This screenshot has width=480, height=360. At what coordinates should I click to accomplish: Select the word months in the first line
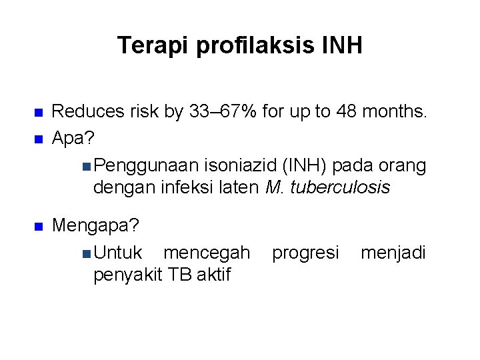click(397, 111)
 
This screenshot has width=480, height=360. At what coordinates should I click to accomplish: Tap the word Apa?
click(73, 139)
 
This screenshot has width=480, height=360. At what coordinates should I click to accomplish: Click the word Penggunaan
click(137, 164)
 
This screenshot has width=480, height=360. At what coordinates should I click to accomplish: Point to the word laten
click(237, 188)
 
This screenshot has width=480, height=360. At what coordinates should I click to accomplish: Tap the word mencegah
click(207, 253)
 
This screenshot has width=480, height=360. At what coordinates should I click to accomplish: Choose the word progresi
click(305, 253)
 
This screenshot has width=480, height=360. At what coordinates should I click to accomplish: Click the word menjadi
click(393, 253)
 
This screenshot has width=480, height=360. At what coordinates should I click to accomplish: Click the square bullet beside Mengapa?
click(38, 227)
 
